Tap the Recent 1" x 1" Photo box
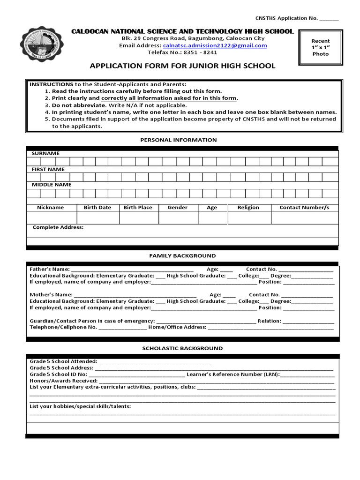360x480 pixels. [321, 47]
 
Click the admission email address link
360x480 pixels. [215, 45]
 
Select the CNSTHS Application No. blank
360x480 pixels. [329, 18]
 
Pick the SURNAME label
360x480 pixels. [45, 153]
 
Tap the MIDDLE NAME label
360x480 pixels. [52, 185]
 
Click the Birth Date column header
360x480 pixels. [97, 207]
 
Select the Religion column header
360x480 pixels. [248, 207]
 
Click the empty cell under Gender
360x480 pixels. [178, 217]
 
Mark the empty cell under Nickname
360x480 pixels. [51, 217]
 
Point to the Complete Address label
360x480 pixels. [58, 227]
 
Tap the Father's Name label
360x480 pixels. [49, 270]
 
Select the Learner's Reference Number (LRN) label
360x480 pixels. [233, 375]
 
